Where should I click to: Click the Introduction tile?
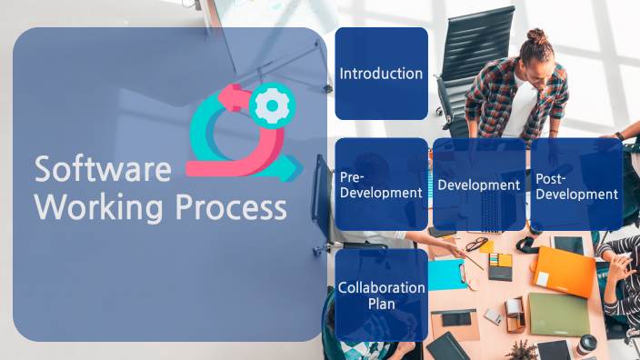tap(381, 74)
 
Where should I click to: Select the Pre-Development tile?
tap(381, 184)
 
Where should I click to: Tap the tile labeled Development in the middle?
tap(479, 184)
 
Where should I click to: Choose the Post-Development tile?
tap(576, 184)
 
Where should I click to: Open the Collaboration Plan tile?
tap(381, 295)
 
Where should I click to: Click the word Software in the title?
tap(103, 170)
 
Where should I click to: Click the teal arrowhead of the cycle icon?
tap(292, 167)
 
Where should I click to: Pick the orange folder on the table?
tap(565, 271)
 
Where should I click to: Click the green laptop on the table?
tap(559, 315)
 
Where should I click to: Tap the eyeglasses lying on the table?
tap(476, 244)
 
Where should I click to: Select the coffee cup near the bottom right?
tap(587, 345)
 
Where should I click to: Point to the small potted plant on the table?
tap(521, 350)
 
